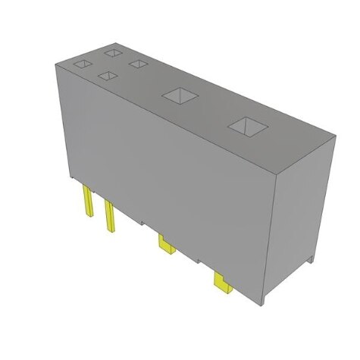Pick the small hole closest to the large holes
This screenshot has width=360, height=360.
tap(137, 64)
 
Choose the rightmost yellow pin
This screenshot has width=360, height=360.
tap(223, 283)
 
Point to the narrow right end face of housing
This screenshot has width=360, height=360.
tap(306, 212)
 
